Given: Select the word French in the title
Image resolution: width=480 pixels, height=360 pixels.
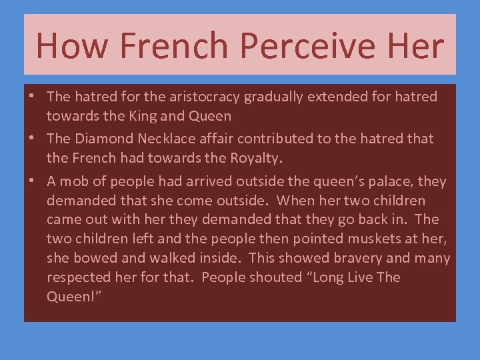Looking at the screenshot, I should point(172,45).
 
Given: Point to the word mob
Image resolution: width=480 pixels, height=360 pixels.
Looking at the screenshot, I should point(77,181).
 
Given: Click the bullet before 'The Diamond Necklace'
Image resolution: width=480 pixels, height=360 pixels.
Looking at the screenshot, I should point(32,139).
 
